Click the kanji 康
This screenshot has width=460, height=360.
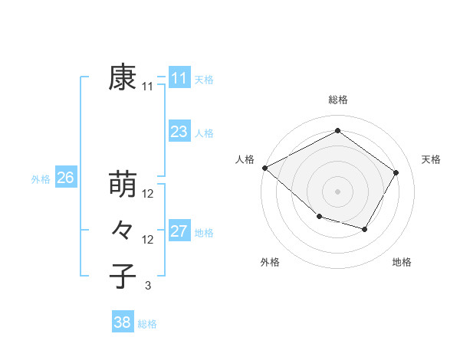pos(123,77)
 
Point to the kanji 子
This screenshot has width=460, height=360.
pos(123,277)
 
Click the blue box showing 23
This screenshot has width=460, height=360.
pos(179,132)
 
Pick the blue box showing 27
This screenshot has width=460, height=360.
pos(179,231)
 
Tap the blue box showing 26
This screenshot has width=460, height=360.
pos(65,178)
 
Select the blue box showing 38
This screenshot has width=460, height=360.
pos(122,322)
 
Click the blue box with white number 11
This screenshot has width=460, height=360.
pos(179,77)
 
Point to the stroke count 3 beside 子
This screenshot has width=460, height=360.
pos(148,286)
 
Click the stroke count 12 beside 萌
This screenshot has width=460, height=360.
pos(148,194)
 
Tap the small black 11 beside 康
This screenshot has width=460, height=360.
pos(148,87)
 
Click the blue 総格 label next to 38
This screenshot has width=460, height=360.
pos(147,324)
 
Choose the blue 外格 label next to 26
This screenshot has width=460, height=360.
pos(41,179)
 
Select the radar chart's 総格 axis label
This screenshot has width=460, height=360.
pos(337,100)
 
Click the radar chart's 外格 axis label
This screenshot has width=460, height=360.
pos(270,262)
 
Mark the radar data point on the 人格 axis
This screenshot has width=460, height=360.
pos(264,168)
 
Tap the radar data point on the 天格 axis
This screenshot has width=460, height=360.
pos(396,172)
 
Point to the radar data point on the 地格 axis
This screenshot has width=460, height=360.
pos(365,229)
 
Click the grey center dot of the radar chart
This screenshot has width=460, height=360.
pos(337,191)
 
